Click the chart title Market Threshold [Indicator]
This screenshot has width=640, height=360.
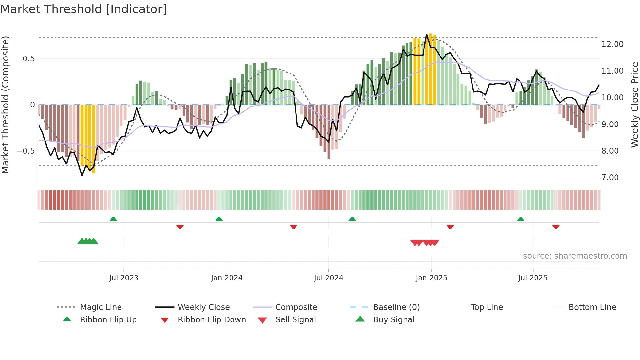[84, 9]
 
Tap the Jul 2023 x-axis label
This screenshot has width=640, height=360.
[124, 278]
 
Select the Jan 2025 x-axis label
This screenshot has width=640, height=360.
[431, 278]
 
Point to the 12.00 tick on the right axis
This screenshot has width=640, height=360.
[612, 44]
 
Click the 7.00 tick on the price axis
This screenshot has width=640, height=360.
[610, 178]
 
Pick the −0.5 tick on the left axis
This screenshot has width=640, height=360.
[26, 151]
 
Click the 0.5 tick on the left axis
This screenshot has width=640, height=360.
[28, 59]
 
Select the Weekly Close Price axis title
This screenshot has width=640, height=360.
[634, 105]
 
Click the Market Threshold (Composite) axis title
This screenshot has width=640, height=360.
[6, 105]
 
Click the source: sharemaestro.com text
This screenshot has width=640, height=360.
[575, 256]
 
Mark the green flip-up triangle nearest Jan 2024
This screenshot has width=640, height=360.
[219, 219]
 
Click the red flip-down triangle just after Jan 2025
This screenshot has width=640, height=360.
[450, 227]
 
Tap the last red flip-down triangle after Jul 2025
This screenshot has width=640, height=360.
[556, 227]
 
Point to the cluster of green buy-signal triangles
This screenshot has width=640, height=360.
[88, 241]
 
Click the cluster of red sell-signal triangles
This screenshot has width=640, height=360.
[424, 243]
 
